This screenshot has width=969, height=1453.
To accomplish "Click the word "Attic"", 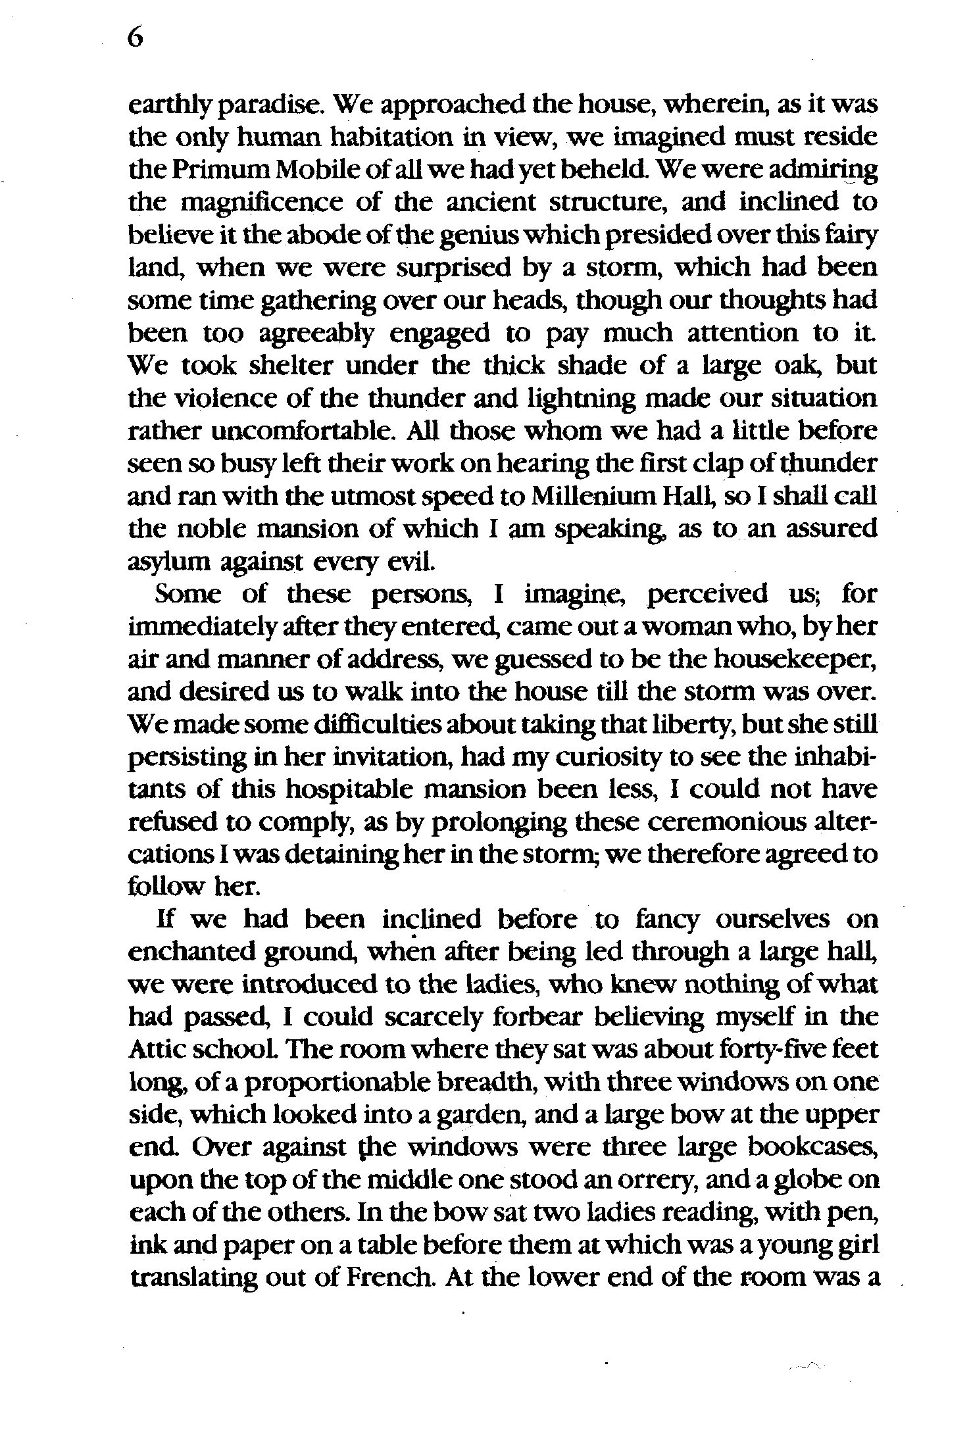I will point(155,1050).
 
